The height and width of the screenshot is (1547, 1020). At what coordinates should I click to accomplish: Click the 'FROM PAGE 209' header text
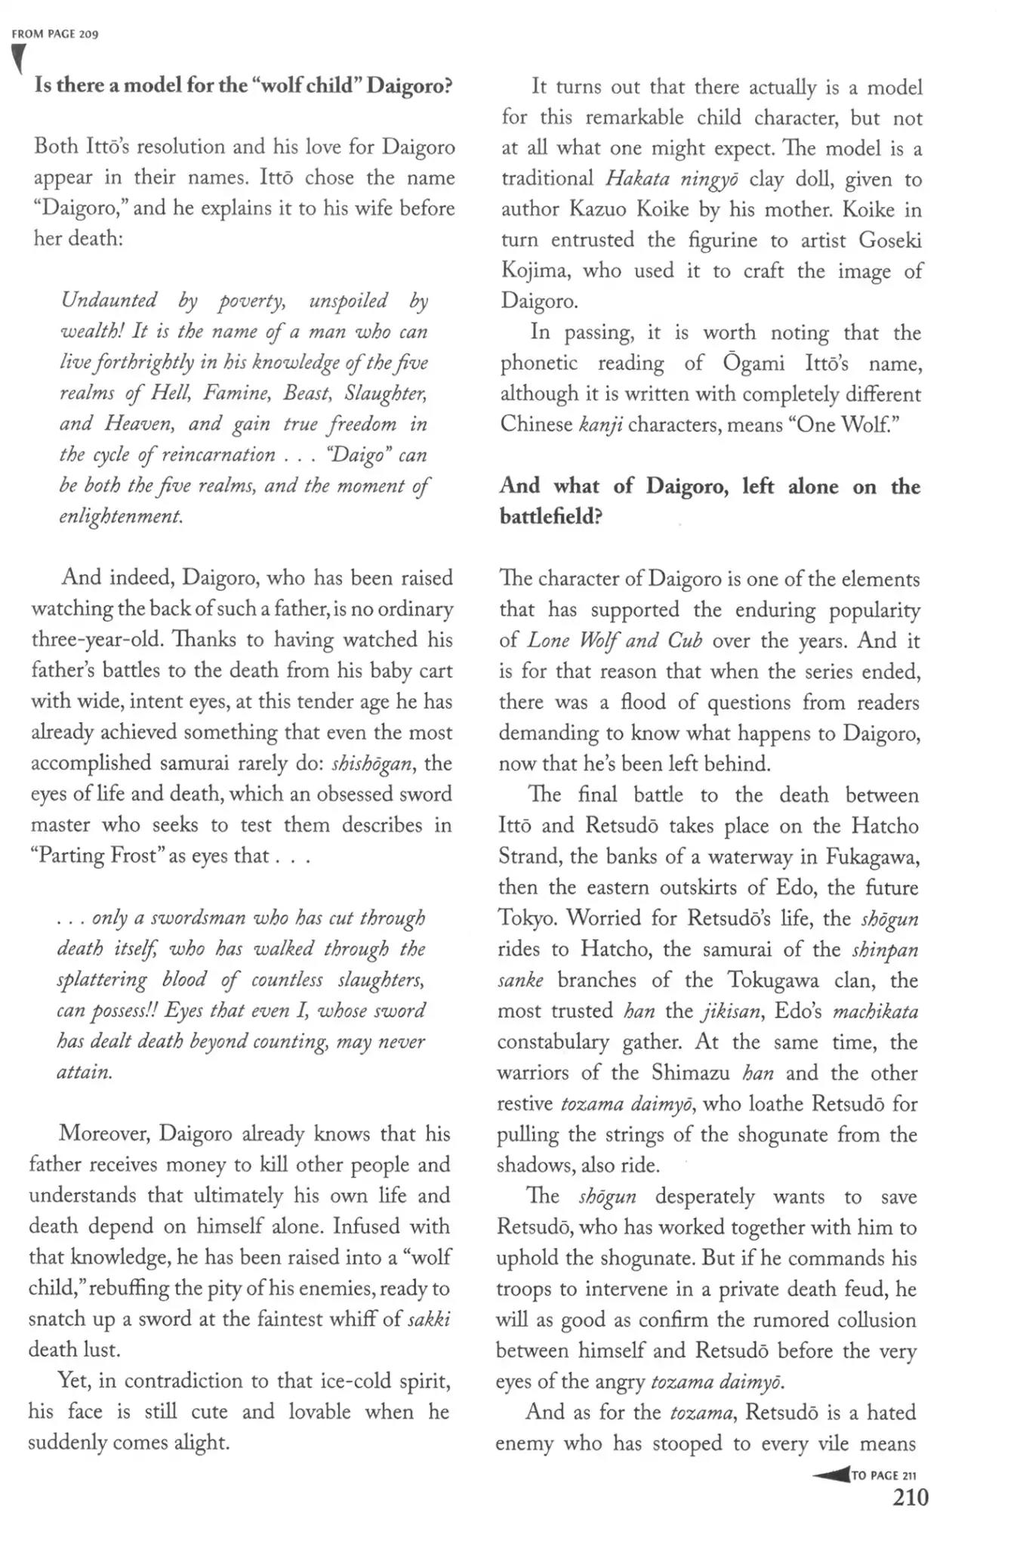coord(56,35)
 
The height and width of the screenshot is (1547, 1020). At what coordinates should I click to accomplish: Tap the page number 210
coord(910,1498)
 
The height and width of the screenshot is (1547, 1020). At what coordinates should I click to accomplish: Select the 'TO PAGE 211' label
coord(883,1475)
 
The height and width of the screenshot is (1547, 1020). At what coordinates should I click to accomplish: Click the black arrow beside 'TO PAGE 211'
coord(830,1474)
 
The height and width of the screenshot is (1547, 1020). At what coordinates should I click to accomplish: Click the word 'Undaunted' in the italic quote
coord(109,301)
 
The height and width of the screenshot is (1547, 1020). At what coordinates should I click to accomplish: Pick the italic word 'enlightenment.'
coord(121,517)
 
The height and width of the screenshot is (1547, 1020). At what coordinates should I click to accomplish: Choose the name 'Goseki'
coord(890,239)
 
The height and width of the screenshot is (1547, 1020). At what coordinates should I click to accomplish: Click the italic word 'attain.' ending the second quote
coord(84,1072)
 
